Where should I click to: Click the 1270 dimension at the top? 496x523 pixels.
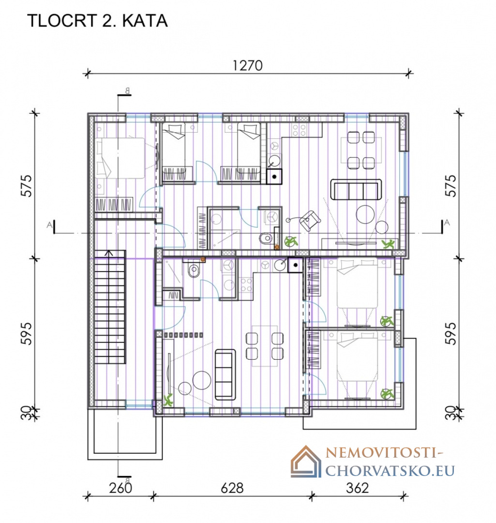coord(248,65)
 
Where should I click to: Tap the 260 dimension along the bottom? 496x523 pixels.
coord(120,488)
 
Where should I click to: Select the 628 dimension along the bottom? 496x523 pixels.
coord(232,488)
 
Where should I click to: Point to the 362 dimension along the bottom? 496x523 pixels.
coord(357,488)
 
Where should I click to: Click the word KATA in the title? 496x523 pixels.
coord(145,21)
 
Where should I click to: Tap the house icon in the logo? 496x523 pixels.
coord(306,461)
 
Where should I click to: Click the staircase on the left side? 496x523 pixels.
coord(110,307)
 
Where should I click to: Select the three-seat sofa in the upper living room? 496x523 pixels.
coord(356,189)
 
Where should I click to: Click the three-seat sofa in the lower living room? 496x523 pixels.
coord(225,374)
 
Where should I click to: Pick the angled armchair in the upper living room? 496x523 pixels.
coord(310,220)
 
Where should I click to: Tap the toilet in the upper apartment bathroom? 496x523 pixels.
coord(266,238)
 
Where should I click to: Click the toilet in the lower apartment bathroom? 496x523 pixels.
coord(194,271)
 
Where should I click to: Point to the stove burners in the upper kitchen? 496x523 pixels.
coord(299,130)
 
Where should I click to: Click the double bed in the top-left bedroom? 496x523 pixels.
coord(120,158)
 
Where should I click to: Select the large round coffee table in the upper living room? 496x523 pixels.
coord(365,214)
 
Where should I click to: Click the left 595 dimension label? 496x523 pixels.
coord(26,333)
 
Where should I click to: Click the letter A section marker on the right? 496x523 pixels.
coord(447,222)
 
